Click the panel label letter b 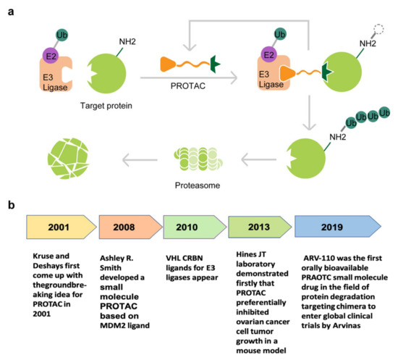point(9,207)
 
